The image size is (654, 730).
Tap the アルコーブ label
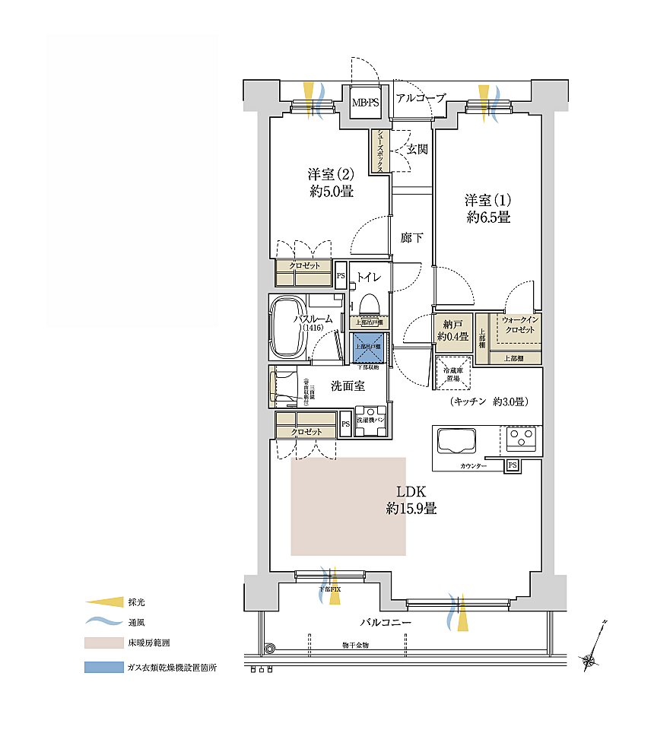point(420,97)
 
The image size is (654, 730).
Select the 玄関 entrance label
point(417,149)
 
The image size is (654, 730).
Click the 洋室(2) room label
point(332,183)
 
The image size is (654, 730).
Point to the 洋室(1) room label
point(488,208)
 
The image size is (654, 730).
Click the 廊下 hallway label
point(411,238)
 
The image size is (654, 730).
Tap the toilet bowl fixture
point(370,303)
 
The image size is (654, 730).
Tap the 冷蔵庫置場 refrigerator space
point(453,373)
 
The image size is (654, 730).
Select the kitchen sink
point(455,441)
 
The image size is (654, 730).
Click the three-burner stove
point(522,439)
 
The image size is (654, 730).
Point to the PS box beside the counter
point(512,465)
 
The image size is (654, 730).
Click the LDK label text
point(410,500)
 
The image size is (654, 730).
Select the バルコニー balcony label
point(386,623)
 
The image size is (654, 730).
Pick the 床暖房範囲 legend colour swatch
point(103,643)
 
